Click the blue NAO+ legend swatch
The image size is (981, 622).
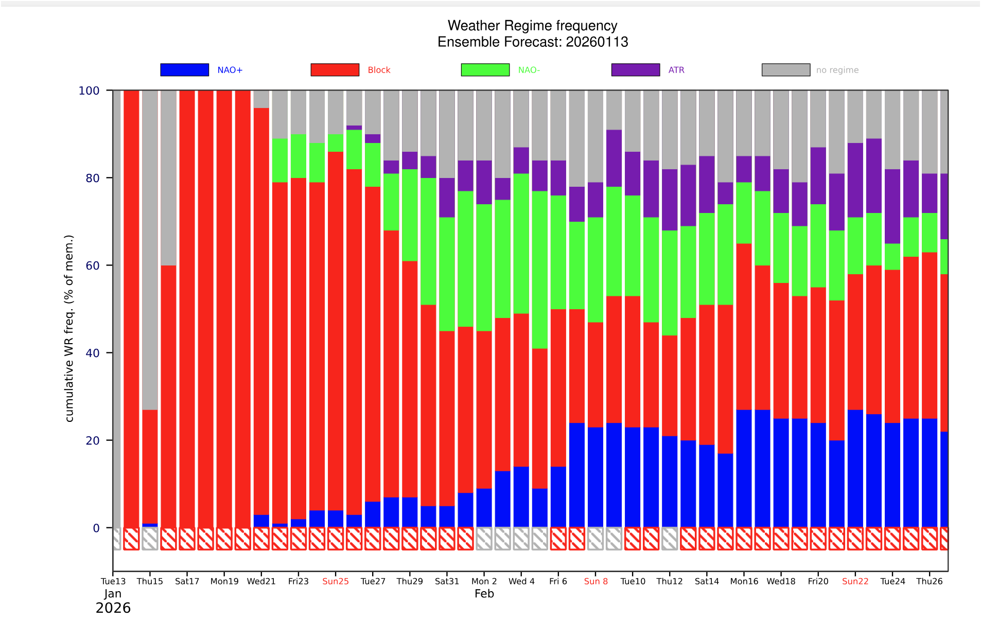pos(184,70)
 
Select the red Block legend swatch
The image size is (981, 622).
pos(335,70)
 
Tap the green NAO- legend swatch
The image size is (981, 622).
pos(485,70)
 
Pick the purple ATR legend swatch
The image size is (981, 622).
pos(635,70)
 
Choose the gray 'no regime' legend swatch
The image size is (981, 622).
pos(785,70)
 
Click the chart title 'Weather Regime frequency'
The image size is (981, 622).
pos(532,26)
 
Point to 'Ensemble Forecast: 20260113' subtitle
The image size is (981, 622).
pos(532,42)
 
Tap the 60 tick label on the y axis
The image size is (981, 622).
pos(93,265)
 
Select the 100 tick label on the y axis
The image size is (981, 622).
pos(89,91)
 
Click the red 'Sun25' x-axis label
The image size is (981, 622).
pos(336,581)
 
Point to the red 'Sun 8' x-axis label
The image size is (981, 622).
pos(595,581)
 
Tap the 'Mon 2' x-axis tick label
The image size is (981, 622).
pos(484,581)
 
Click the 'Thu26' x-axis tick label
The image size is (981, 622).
pos(929,581)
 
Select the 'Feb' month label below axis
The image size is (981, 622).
pos(484,594)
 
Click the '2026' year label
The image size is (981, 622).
pos(113,608)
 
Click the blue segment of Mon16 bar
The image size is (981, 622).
pos(744,468)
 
